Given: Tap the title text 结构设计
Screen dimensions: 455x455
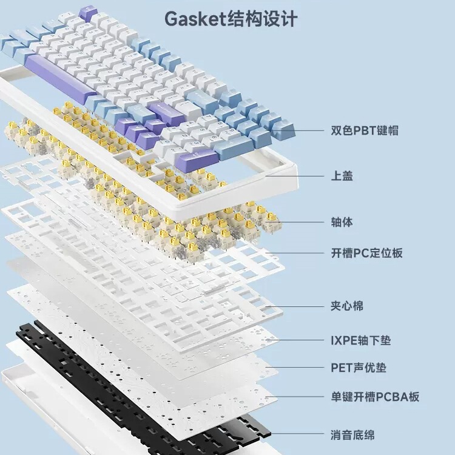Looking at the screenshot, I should (x=263, y=19).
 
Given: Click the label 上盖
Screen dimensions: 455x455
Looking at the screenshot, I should (x=342, y=176).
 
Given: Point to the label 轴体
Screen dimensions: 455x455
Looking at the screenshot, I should (x=342, y=221).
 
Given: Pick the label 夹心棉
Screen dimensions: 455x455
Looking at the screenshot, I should (x=347, y=306).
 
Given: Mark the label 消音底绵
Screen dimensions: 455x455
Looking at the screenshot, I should (x=352, y=435).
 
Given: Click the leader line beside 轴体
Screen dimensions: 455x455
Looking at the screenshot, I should (x=297, y=221).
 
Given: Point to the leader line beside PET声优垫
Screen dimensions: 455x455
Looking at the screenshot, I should (x=300, y=368).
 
